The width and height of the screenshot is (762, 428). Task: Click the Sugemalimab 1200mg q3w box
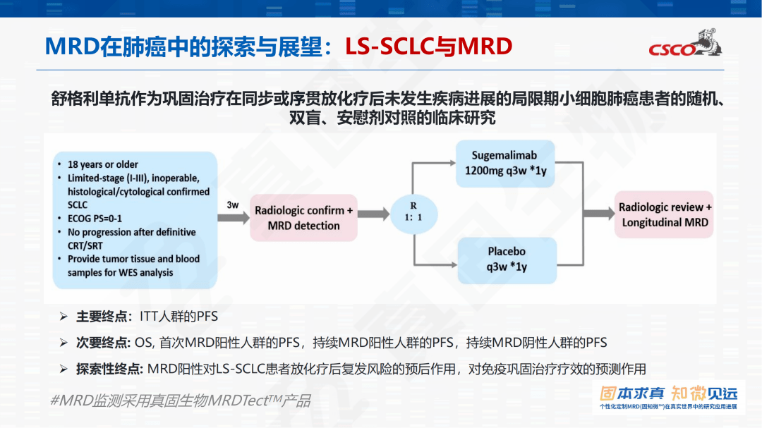point(505,164)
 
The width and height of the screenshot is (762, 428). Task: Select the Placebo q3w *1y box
point(506,259)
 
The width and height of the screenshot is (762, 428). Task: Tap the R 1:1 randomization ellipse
point(414,211)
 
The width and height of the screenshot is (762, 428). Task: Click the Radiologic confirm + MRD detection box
point(304,218)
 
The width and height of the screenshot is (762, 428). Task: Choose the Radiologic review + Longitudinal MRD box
point(665,214)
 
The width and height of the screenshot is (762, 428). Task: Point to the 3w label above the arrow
point(232,204)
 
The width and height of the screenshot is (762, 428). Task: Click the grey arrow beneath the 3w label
point(233,217)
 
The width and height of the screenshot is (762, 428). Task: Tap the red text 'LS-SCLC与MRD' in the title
point(428,47)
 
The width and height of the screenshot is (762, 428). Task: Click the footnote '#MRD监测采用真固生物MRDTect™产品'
point(180,401)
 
